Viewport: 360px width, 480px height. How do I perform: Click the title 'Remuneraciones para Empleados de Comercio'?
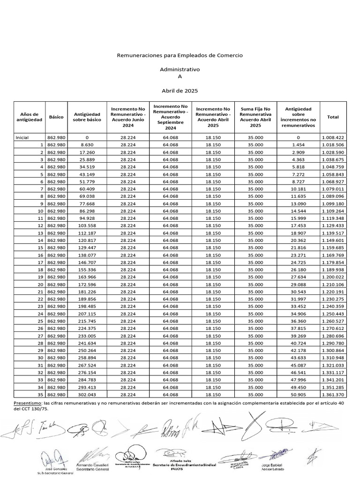coord(180,55)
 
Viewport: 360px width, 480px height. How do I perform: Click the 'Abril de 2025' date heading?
coord(180,90)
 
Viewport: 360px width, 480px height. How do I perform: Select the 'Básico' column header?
coord(56,117)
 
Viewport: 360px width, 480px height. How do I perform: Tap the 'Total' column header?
coord(333,117)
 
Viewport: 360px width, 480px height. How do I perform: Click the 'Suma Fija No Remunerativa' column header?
coord(255,117)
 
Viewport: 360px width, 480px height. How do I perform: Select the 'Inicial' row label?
coord(22,138)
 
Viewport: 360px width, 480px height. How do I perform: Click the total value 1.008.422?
coord(333,138)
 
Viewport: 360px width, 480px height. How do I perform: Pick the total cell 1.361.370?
coord(333,394)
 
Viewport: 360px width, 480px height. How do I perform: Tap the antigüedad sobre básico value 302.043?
coord(87,394)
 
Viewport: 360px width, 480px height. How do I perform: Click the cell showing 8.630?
coord(87,145)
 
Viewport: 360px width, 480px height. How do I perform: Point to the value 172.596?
coord(87,285)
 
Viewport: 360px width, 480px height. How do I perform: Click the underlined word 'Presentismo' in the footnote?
coord(27,403)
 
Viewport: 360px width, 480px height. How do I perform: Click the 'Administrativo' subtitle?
coord(180,69)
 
